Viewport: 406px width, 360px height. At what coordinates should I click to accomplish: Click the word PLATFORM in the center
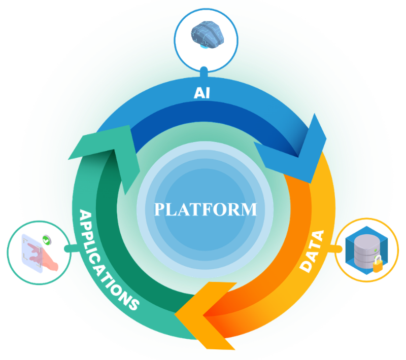(206, 209)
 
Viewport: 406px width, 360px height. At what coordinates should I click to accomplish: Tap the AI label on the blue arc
(201, 93)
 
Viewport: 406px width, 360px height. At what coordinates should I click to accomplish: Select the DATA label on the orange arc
(312, 251)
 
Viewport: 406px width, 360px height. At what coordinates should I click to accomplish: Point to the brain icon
(207, 34)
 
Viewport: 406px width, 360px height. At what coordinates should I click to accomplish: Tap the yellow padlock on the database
(378, 264)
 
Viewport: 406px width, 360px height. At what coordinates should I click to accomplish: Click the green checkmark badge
(47, 240)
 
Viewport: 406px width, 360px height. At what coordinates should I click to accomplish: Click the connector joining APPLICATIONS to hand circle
(71, 248)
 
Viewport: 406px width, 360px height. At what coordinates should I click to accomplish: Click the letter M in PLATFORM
(249, 209)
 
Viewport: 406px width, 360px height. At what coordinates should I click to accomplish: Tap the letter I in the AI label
(208, 93)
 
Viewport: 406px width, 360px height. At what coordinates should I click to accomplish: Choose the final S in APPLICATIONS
(133, 304)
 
